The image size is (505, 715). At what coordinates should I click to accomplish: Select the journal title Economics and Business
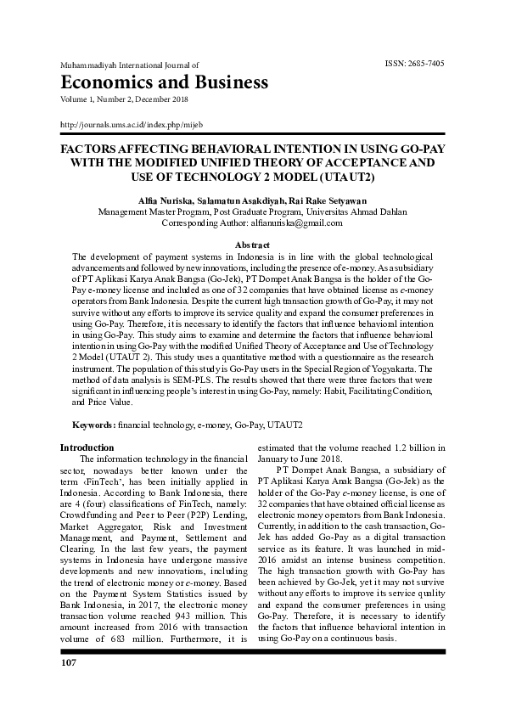point(164,82)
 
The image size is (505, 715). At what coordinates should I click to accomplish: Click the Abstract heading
point(252,245)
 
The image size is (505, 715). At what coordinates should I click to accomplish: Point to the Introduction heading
point(87,448)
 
